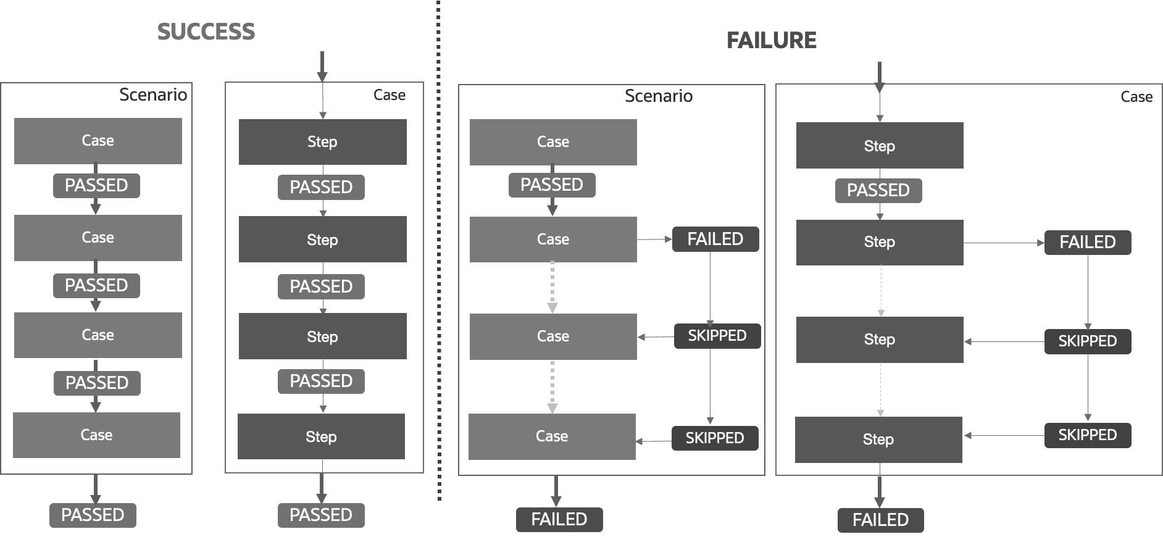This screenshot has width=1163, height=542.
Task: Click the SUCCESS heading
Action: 206,31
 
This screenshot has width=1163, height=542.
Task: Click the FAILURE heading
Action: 771,40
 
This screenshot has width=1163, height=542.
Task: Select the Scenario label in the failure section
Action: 658,96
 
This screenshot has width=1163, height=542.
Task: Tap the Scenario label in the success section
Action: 152,94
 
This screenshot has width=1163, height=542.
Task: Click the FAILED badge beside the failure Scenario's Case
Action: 715,239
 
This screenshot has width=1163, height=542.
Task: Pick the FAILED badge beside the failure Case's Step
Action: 1087,242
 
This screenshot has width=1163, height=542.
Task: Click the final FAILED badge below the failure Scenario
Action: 559,519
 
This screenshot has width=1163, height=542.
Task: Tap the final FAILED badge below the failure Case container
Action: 880,520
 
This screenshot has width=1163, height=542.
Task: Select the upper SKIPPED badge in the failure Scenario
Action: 717,336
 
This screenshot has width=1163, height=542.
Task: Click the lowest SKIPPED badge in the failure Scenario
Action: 714,438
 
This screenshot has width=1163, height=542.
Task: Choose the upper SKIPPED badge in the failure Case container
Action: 1087,341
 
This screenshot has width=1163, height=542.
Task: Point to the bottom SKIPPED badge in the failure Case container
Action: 1087,435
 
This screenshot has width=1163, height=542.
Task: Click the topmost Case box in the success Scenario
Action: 98,141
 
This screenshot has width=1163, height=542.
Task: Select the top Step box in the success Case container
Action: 322,142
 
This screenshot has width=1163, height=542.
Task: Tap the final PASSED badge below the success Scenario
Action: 93,515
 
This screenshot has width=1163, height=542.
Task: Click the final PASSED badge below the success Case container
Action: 320,515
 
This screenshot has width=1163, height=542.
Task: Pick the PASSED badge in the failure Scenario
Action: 551,185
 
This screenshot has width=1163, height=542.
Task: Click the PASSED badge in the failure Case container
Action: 878,190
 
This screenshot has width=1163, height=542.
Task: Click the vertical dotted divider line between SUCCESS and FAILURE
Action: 439,259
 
